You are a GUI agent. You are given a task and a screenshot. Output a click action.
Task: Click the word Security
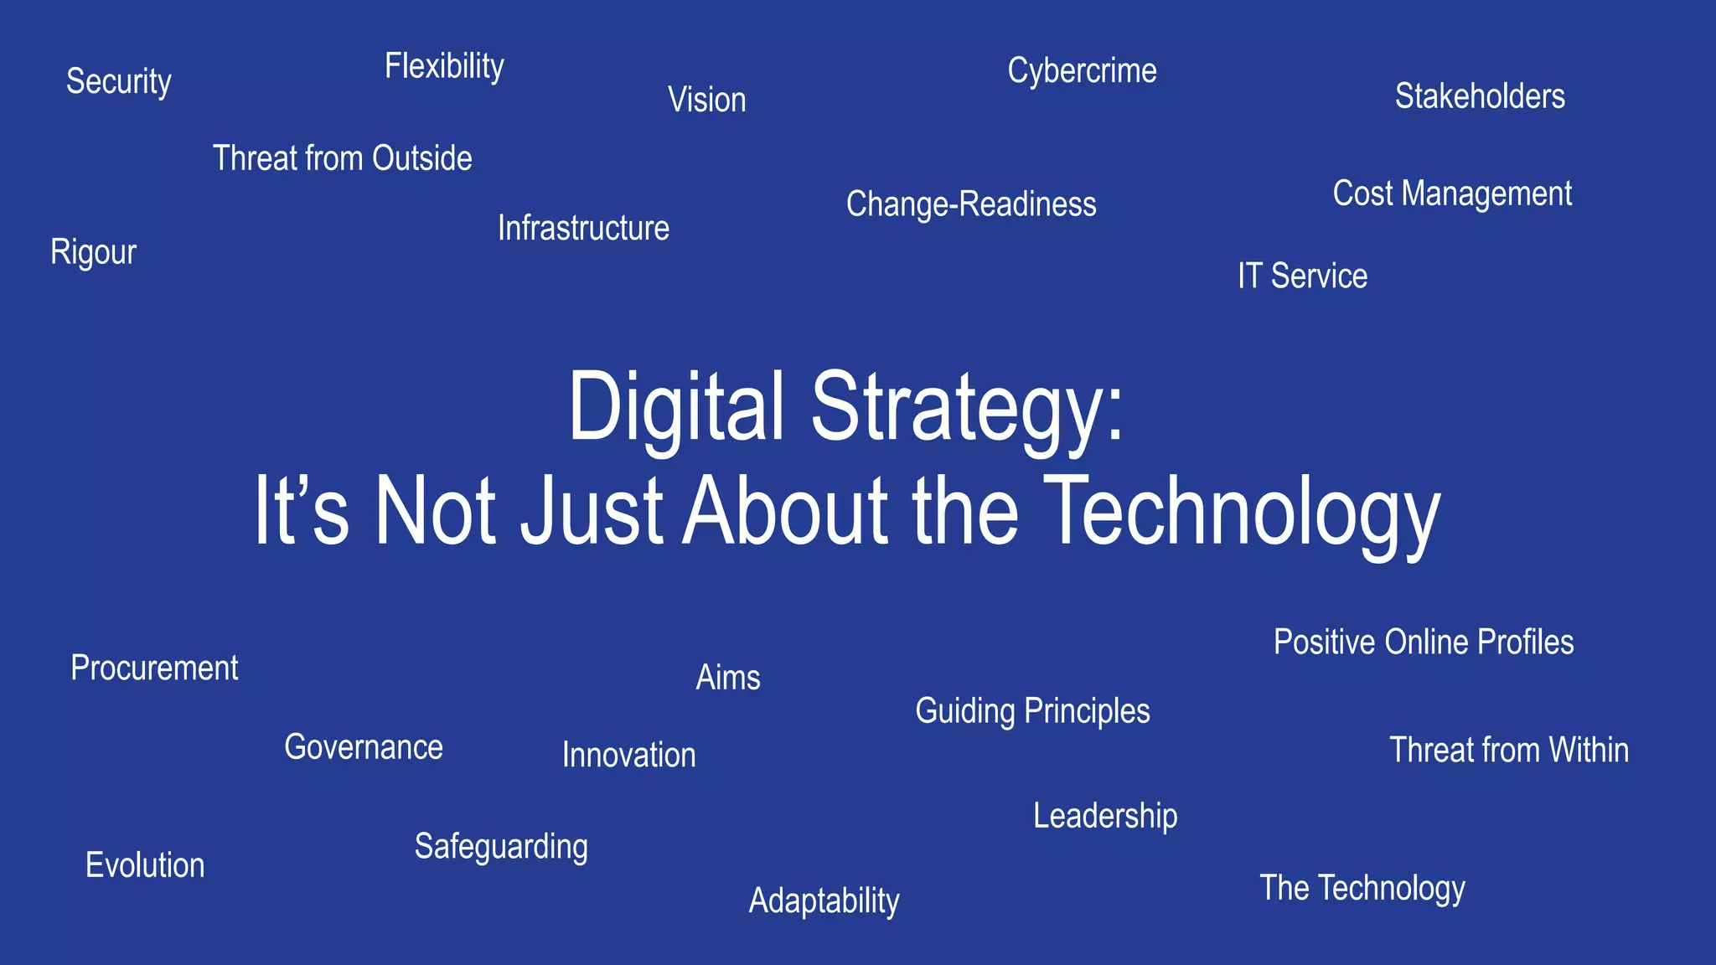coord(119,82)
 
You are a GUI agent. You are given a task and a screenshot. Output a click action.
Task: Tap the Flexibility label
coord(444,66)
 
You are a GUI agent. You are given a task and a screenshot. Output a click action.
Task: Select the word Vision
coord(706,100)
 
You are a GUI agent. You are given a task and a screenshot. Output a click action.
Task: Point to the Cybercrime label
coord(1082,71)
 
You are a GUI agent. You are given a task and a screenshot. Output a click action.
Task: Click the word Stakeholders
coord(1480,96)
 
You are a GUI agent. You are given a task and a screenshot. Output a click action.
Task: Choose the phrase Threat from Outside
coord(342,158)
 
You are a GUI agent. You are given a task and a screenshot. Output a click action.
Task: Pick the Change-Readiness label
coord(971,204)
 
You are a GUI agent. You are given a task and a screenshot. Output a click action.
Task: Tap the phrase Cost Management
coord(1452,194)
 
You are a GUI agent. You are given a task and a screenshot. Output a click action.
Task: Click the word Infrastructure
coord(583,228)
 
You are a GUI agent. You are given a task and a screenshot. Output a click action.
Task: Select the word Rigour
coord(93,252)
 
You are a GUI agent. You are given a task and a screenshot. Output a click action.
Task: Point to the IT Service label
coord(1302,276)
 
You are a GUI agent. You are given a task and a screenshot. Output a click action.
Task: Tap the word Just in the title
coord(592,510)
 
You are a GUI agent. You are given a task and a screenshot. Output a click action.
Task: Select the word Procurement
coord(154,668)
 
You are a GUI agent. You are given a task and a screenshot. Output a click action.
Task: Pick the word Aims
coord(728,677)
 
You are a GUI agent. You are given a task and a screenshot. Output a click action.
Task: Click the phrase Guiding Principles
coord(1032,711)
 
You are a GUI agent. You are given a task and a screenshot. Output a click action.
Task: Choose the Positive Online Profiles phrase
coord(1424,642)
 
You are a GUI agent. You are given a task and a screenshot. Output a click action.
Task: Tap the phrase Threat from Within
coord(1509,750)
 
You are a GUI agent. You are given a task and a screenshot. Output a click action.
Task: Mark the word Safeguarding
coord(501,847)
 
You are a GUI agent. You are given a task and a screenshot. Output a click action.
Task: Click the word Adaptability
coord(824,901)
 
